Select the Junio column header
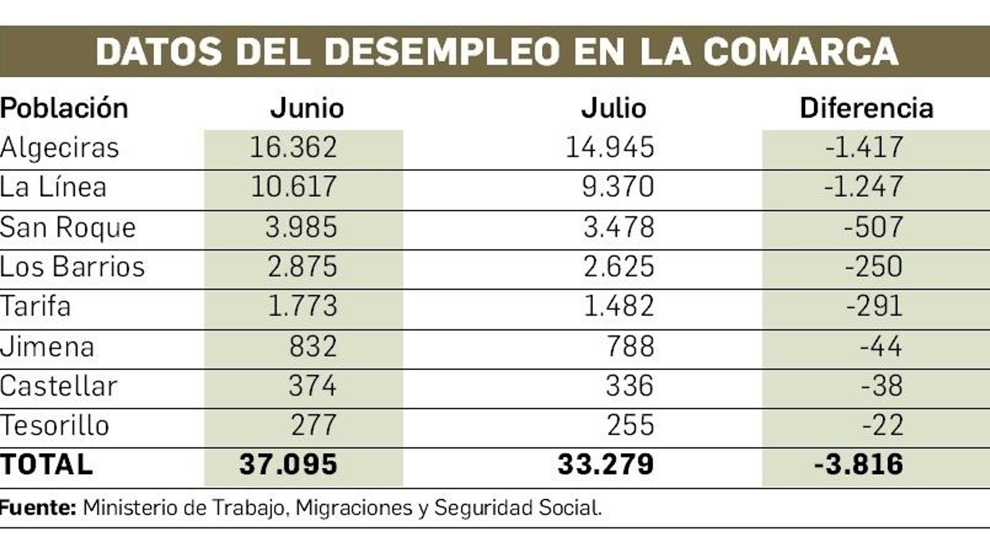(307, 108)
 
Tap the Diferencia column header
(866, 108)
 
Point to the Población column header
(64, 108)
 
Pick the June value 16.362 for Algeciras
(293, 148)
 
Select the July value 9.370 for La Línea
(618, 187)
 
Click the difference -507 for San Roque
(873, 227)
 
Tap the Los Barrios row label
(72, 267)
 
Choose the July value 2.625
(618, 267)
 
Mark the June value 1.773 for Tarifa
(302, 306)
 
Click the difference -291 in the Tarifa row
(874, 306)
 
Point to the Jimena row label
(47, 347)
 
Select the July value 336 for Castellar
(629, 386)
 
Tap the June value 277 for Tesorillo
(314, 426)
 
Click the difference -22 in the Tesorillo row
(882, 426)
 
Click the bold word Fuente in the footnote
(38, 508)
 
